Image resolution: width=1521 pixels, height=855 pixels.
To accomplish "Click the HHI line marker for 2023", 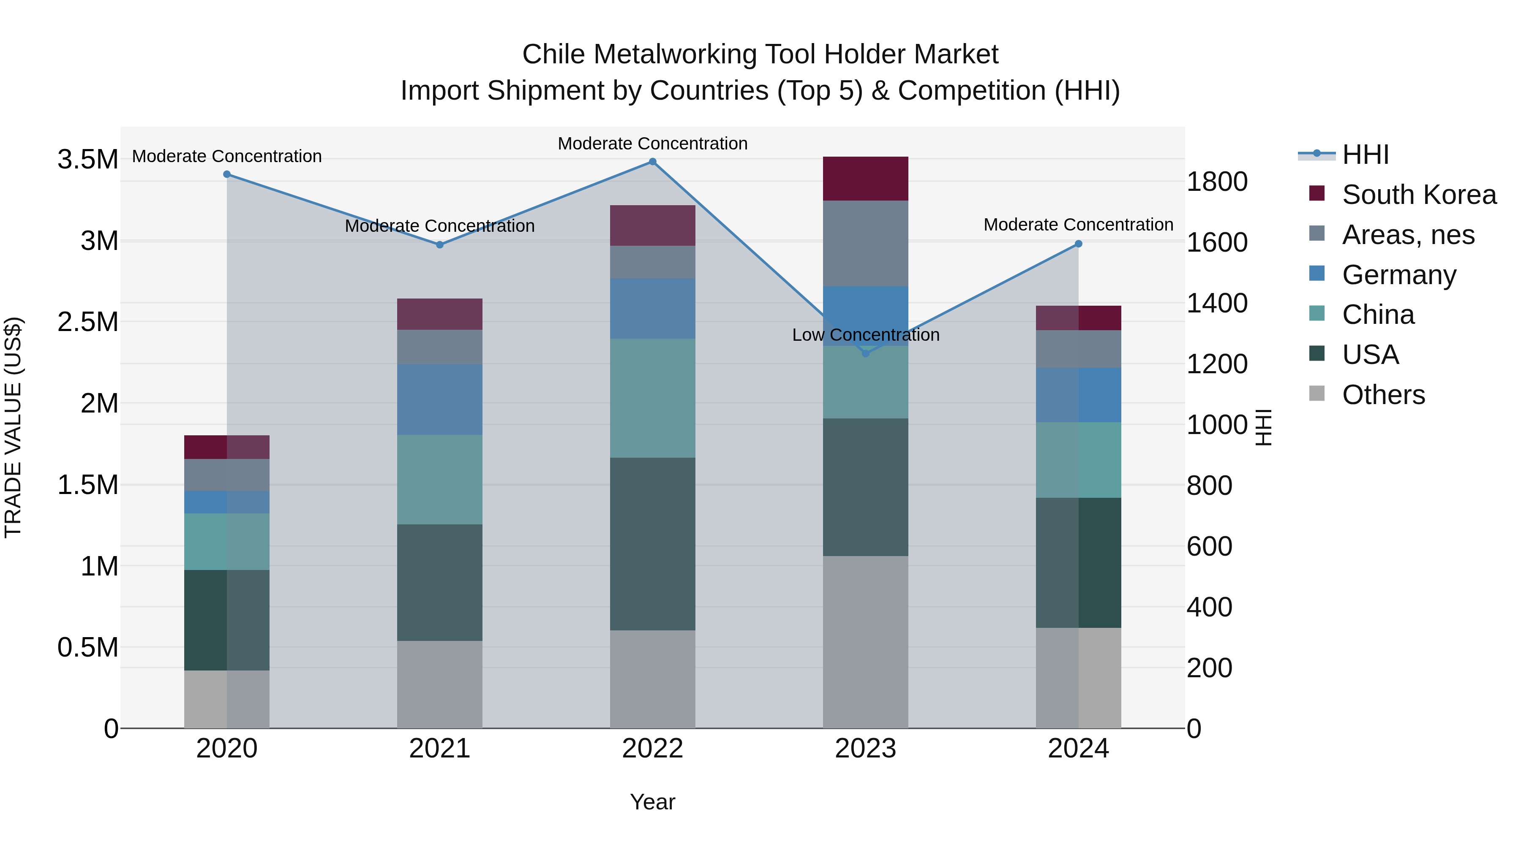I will [866, 353].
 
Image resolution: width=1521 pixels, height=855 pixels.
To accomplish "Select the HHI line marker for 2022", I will [652, 162].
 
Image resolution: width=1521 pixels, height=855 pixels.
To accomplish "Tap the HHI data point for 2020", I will [227, 174].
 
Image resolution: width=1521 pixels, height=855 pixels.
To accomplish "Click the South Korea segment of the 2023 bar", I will [866, 179].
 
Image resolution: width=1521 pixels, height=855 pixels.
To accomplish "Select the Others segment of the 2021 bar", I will [439, 684].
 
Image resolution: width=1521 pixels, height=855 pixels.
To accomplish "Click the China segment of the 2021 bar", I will [439, 480].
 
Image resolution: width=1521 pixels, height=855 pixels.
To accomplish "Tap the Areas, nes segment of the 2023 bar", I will [866, 243].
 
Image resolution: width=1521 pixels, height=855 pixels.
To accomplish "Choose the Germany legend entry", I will [1398, 275].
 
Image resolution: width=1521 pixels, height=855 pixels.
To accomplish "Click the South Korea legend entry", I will [1418, 195].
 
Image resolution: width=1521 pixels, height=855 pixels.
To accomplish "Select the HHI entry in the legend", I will [1365, 155].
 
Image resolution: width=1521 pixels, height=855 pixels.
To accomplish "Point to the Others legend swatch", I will [1317, 394].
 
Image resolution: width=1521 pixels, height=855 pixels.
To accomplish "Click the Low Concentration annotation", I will [866, 335].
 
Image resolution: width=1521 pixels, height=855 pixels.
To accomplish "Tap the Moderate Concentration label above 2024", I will [1078, 225].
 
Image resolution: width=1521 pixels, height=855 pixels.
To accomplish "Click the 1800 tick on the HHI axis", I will [1217, 182].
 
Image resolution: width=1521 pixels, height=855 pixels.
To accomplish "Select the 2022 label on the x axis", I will [652, 749].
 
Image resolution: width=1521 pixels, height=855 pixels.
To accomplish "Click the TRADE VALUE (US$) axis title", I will [13, 427].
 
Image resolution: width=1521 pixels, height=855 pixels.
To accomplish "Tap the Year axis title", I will [652, 802].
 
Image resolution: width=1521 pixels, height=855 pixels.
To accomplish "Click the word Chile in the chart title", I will [551, 54].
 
